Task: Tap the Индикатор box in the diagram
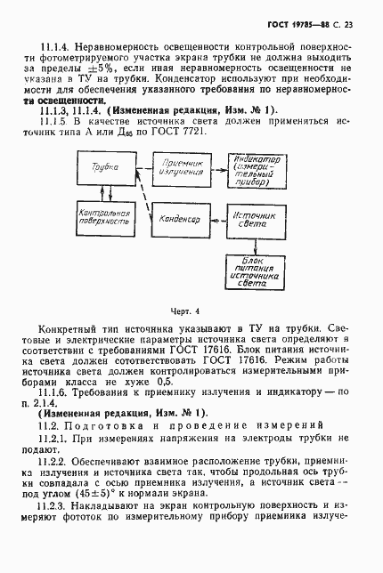coord(257,169)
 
